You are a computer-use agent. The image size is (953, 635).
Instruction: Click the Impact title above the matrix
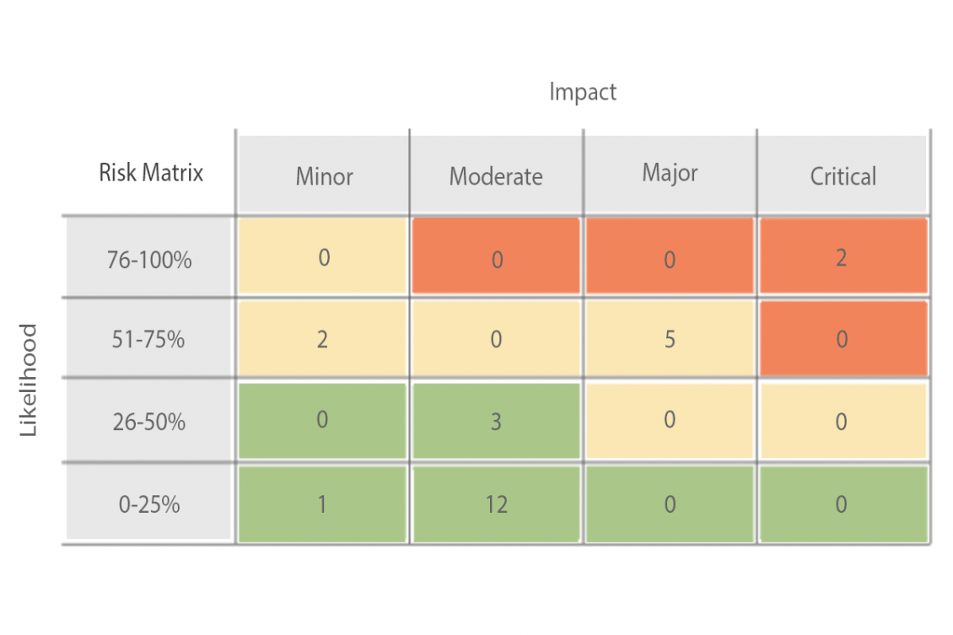tap(583, 91)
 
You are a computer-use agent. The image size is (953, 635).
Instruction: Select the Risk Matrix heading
tap(151, 173)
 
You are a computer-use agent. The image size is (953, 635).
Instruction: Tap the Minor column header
tap(324, 176)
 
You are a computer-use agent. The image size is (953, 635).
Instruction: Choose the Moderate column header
tap(496, 176)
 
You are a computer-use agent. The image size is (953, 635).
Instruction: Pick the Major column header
tap(670, 173)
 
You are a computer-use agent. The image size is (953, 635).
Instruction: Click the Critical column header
tap(843, 176)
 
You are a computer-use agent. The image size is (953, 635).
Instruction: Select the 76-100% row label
tap(149, 259)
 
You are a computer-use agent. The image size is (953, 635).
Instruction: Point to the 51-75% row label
tap(149, 340)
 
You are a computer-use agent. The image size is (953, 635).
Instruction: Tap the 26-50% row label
tap(149, 422)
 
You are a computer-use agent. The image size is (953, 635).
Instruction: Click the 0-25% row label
tap(149, 504)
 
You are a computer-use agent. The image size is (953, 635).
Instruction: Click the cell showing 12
tap(496, 504)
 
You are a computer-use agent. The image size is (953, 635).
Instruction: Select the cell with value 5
tap(670, 339)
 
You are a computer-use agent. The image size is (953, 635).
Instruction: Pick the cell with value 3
tap(496, 422)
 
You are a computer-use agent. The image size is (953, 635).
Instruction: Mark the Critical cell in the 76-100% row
tap(843, 257)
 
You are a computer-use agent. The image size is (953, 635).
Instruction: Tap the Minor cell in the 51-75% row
tap(323, 339)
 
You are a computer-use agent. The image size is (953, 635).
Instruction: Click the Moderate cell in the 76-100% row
tap(496, 257)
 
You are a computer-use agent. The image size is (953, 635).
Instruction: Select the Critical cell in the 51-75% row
tap(843, 339)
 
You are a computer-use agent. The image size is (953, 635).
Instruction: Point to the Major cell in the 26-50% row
tap(670, 421)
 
